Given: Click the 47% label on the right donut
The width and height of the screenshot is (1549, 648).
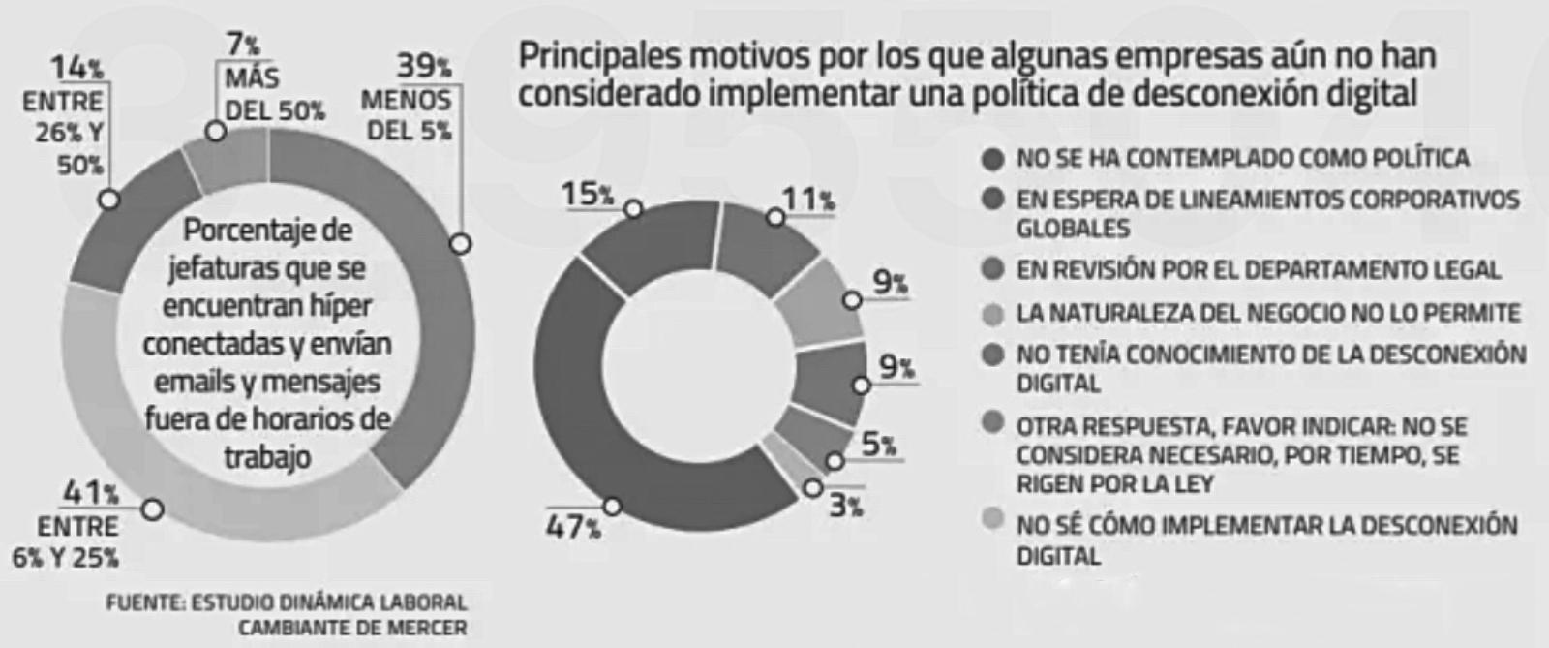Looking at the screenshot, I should (573, 528).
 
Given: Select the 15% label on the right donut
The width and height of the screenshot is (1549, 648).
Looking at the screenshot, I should (588, 194).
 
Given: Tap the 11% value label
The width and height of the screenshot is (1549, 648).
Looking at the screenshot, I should (808, 199).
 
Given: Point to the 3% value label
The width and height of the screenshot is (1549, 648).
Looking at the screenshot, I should (846, 506).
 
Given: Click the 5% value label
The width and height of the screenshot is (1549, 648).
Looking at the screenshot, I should (879, 445).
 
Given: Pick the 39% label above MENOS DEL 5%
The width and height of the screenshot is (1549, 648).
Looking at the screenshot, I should (424, 66).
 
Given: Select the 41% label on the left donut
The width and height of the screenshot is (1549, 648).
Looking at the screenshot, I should (91, 493).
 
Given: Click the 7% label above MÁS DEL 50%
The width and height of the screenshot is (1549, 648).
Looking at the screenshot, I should (243, 45).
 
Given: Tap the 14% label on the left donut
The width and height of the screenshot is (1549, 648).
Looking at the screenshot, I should (77, 68).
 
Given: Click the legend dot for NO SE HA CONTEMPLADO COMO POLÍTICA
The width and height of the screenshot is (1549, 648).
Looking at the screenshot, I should (993, 159).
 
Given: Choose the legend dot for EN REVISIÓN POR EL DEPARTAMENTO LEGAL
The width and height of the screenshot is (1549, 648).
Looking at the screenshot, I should (993, 269).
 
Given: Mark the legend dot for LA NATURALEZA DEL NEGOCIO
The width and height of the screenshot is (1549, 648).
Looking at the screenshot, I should (993, 313).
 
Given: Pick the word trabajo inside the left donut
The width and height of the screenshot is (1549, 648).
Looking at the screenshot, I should (267, 456).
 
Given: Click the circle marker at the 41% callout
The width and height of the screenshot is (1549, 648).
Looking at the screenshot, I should (153, 509).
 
